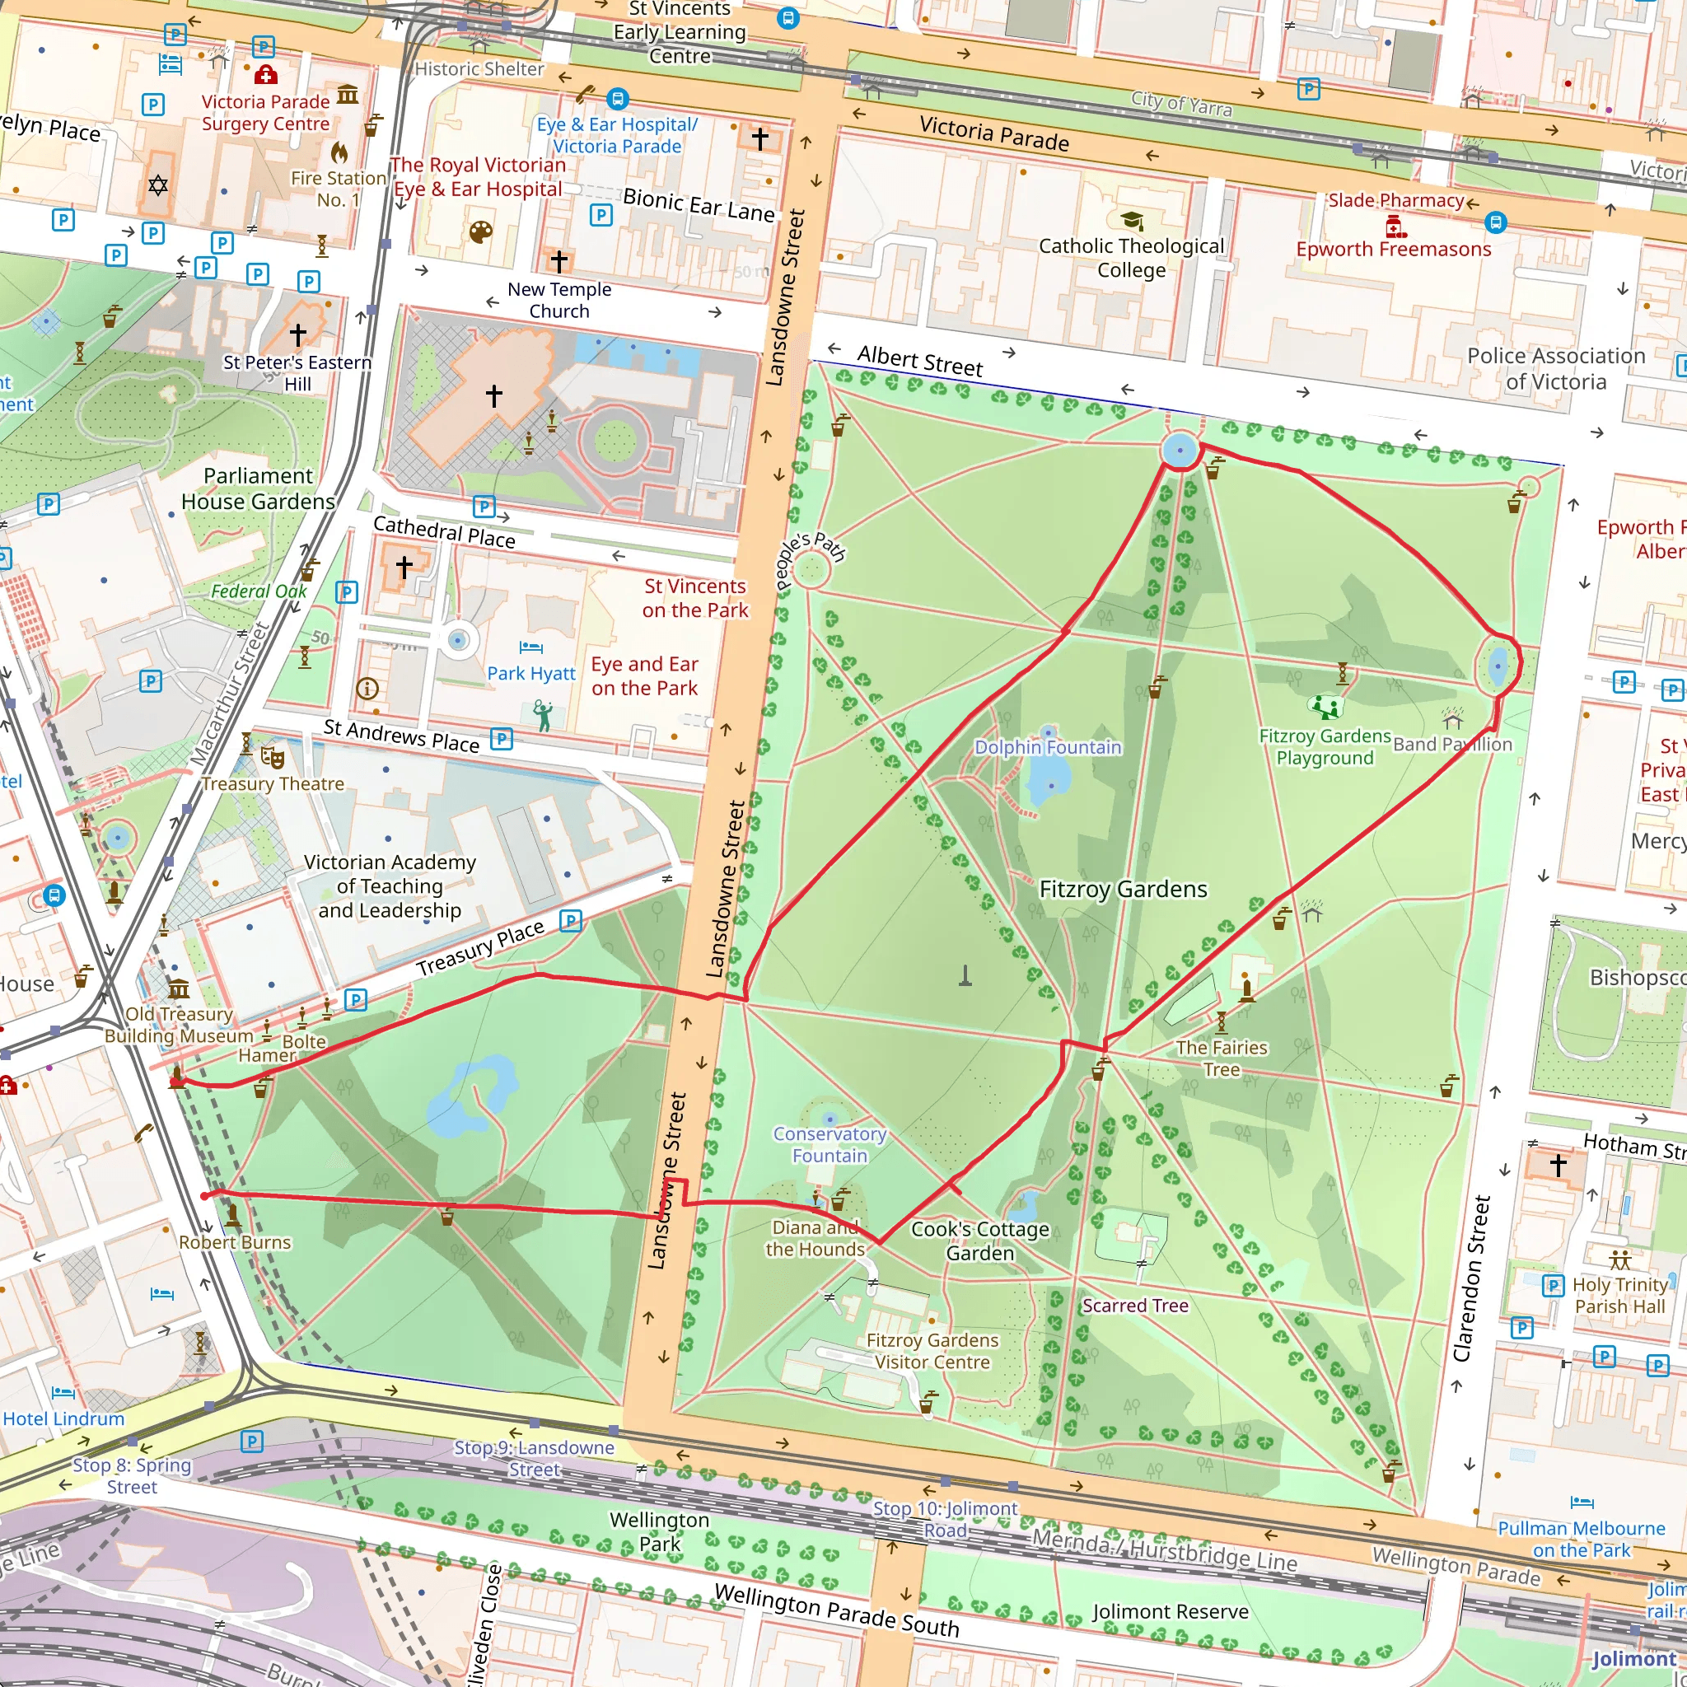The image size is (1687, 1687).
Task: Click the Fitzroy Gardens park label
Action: click(x=1123, y=889)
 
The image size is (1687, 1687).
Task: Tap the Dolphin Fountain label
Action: click(x=1047, y=746)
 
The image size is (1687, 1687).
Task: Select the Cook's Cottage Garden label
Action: click(x=979, y=1241)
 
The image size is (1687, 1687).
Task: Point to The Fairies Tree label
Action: click(x=1221, y=1058)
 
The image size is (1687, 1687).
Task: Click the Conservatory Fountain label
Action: click(x=829, y=1145)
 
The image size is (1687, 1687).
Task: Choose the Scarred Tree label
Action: click(x=1135, y=1306)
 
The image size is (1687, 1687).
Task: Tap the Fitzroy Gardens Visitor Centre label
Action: click(x=932, y=1351)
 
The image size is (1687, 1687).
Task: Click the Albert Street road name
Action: click(x=919, y=361)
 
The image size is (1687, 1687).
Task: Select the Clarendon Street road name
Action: click(x=1472, y=1278)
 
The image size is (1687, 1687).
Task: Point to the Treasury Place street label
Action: click(x=480, y=948)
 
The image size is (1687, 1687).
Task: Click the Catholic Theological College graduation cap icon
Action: click(x=1132, y=220)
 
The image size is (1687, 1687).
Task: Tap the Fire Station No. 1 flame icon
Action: click(x=339, y=154)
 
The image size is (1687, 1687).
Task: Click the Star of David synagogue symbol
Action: click(x=158, y=185)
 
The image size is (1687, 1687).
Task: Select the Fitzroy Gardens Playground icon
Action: click(x=1325, y=706)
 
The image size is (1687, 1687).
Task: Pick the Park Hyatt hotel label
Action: click(x=531, y=673)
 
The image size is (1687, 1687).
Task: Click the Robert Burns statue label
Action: click(x=235, y=1241)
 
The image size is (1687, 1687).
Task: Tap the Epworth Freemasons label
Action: click(x=1393, y=249)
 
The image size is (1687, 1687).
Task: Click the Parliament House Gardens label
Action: click(x=258, y=489)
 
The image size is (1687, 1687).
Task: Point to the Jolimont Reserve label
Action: click(x=1170, y=1611)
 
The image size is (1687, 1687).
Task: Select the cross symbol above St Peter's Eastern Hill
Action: click(x=297, y=334)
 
